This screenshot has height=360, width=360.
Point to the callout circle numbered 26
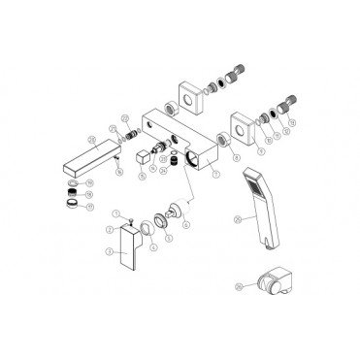click(x=238, y=286)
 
